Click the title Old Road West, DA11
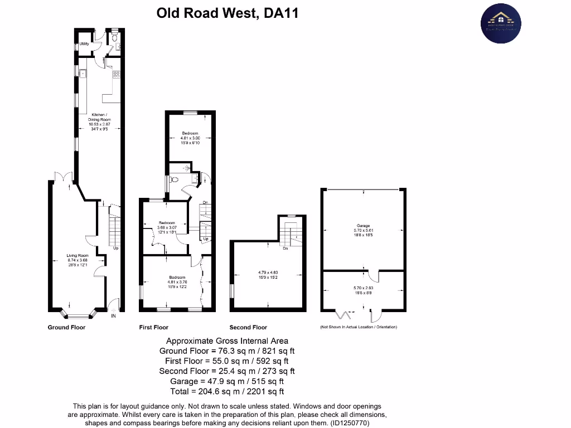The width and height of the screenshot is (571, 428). click(x=227, y=13)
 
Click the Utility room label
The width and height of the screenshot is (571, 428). click(x=84, y=43)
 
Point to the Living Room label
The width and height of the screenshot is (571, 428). click(x=78, y=256)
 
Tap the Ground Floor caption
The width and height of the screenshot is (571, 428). click(x=66, y=327)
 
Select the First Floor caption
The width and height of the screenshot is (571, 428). click(x=153, y=327)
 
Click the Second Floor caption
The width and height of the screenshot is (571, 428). click(x=248, y=327)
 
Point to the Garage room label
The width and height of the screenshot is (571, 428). click(x=363, y=226)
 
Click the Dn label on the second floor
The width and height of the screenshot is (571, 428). click(x=285, y=249)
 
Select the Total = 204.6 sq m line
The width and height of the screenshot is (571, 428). click(x=227, y=391)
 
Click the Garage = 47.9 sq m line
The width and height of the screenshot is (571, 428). click(x=227, y=381)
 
